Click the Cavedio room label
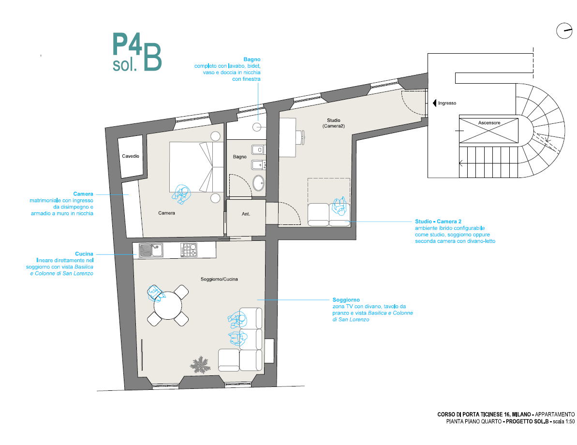(131, 156)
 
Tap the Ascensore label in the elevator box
(489, 122)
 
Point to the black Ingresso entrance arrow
(435, 103)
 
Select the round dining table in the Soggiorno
(168, 306)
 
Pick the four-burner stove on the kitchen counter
(189, 250)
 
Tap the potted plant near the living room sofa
(201, 365)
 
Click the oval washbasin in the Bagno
(259, 183)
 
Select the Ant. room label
(246, 214)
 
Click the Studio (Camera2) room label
(334, 123)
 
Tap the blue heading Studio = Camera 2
(438, 222)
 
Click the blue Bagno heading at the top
(252, 59)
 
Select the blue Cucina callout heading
(84, 254)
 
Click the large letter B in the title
(152, 57)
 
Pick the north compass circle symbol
(564, 30)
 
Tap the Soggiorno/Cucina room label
(219, 279)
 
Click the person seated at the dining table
(155, 293)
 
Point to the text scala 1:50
(564, 421)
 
